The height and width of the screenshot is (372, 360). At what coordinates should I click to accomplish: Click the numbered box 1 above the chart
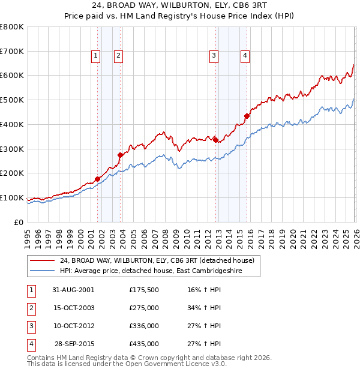(95, 56)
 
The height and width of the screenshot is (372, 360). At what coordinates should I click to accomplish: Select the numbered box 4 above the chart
(245, 56)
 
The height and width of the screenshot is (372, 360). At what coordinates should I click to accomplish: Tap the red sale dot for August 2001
(97, 179)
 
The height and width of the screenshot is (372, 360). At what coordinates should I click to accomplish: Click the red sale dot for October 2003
(120, 155)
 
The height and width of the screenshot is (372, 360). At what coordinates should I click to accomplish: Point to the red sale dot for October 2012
(215, 140)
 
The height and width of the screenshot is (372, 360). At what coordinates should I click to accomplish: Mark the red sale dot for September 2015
(247, 116)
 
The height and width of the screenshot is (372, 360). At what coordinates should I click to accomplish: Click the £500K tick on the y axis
(12, 100)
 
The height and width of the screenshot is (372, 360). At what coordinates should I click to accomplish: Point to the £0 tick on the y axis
(19, 222)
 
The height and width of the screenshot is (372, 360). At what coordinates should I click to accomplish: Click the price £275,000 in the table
(144, 307)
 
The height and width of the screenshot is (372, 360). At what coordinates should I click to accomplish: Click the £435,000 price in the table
(144, 344)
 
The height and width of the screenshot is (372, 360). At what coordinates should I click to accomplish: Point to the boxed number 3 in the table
(31, 326)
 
